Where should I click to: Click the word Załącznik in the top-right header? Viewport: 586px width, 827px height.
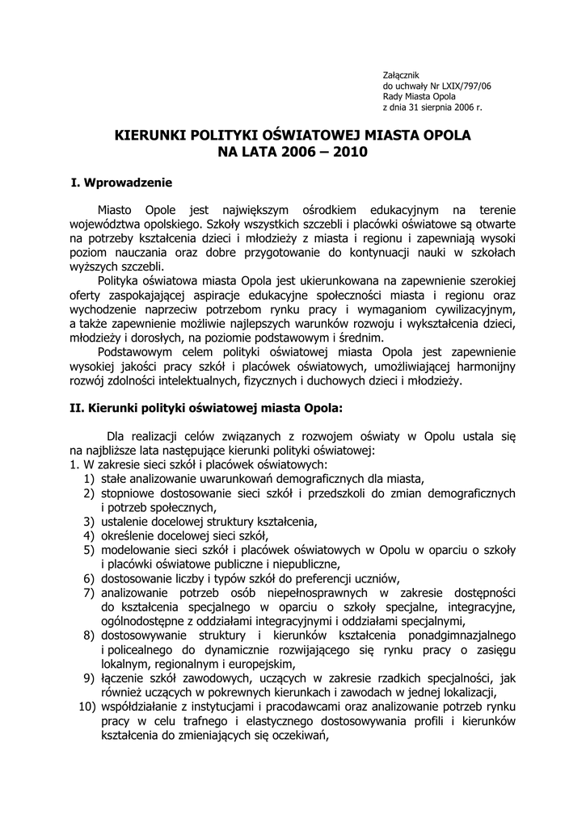(x=401, y=74)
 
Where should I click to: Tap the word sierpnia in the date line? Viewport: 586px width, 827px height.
(x=443, y=106)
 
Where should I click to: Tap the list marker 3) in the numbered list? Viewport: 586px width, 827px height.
(x=89, y=521)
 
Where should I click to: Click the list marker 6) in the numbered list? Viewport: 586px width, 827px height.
(x=89, y=578)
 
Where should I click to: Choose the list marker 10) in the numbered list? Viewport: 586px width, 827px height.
(x=86, y=707)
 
